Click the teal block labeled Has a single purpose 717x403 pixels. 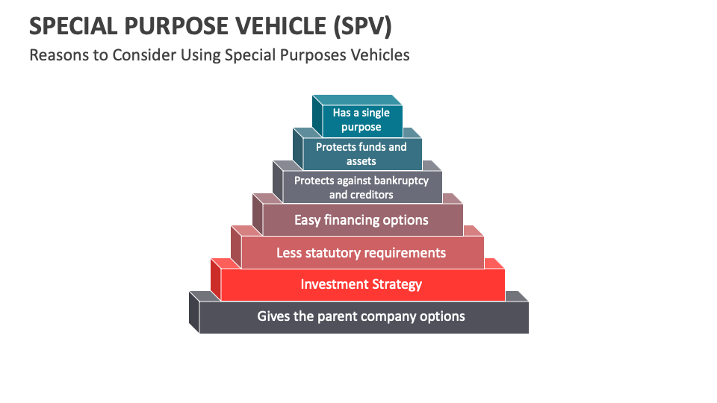coord(361,119)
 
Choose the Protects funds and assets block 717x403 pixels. coord(361,154)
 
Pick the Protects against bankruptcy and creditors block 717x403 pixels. coord(361,187)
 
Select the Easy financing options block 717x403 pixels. coord(361,220)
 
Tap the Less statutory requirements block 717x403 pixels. coord(361,252)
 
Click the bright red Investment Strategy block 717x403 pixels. coord(361,284)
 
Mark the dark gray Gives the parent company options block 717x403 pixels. coord(361,316)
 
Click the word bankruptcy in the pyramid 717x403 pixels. coord(401,181)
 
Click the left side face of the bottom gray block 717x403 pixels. coord(194,312)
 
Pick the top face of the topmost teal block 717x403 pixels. coord(357,100)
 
